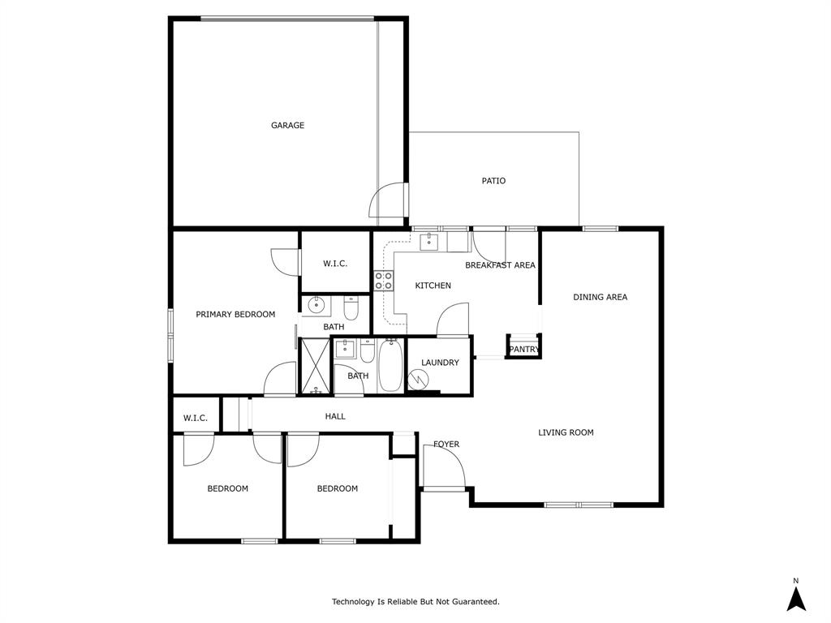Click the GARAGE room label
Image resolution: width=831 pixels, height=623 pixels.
click(x=287, y=126)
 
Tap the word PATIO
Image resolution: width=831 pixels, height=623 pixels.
click(x=493, y=181)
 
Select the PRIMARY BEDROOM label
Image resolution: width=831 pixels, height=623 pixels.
click(x=235, y=315)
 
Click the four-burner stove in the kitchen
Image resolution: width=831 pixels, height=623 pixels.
click(x=384, y=281)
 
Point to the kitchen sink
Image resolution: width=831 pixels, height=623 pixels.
click(x=428, y=242)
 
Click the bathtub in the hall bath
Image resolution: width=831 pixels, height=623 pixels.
click(x=390, y=367)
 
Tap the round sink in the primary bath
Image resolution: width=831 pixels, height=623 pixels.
click(x=316, y=306)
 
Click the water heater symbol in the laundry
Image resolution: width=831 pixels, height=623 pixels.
click(x=419, y=379)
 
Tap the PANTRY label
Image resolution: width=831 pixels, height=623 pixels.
click(x=523, y=350)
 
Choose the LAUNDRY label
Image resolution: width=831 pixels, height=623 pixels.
click(x=440, y=363)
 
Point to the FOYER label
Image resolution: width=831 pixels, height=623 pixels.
click(x=446, y=445)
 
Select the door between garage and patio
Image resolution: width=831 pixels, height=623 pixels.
click(x=388, y=201)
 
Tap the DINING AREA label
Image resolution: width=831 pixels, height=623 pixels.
click(x=600, y=297)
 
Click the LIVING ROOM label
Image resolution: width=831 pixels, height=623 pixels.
click(x=566, y=432)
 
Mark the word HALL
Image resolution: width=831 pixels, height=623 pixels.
click(x=335, y=416)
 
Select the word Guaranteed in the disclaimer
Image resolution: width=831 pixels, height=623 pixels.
click(x=474, y=602)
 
